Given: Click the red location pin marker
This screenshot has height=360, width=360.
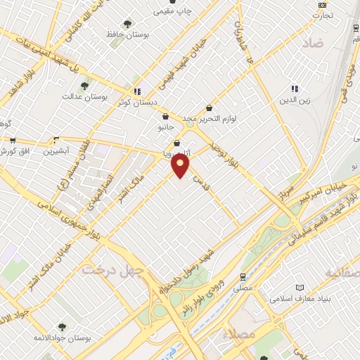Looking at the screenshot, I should pos(181,166).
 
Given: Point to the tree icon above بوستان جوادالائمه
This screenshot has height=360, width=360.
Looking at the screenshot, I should pos(62,326).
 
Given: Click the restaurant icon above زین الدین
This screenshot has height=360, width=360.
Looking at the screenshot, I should pos(295,89).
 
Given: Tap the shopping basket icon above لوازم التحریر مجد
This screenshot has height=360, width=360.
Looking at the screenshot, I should pos(210,108).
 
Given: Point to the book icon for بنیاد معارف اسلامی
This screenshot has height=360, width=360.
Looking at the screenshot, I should pos(301,288).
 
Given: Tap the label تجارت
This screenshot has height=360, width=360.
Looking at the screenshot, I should pos(323,15).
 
